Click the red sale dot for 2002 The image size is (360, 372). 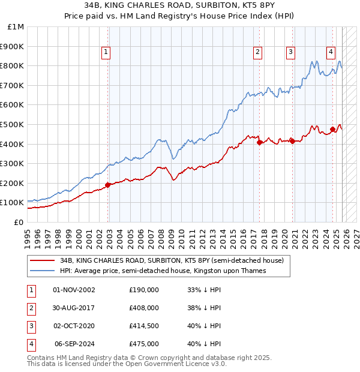pos(108,185)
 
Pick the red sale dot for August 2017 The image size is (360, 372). pos(259,142)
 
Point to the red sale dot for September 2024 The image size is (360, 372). pos(332,129)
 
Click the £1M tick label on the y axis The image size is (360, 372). pos(16,27)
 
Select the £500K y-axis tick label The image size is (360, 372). pos(13,125)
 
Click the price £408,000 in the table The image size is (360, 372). pos(144,307)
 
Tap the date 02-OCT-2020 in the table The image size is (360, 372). pos(74,325)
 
